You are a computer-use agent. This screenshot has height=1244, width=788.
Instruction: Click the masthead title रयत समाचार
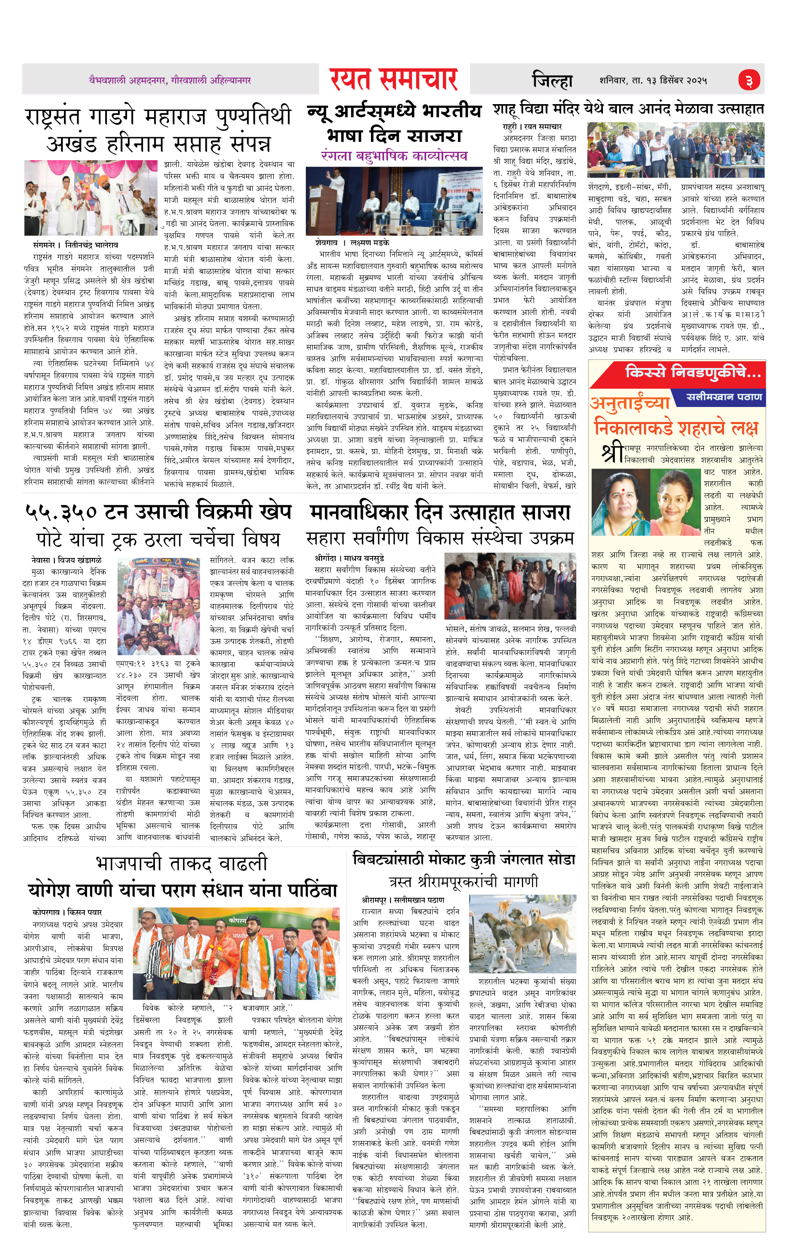coord(394,79)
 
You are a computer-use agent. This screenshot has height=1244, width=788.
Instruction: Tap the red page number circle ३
coord(748,81)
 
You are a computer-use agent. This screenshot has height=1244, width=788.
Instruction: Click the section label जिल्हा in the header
coord(552,81)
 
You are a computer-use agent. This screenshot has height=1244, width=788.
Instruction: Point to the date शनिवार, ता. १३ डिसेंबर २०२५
coord(653,81)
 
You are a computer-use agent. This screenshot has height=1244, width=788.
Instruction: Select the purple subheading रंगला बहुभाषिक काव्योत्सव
coord(394,155)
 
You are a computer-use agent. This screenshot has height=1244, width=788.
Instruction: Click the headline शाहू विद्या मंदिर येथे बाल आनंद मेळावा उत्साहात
coord(628,110)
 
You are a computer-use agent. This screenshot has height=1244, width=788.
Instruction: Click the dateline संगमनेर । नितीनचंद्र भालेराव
coord(75,245)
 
